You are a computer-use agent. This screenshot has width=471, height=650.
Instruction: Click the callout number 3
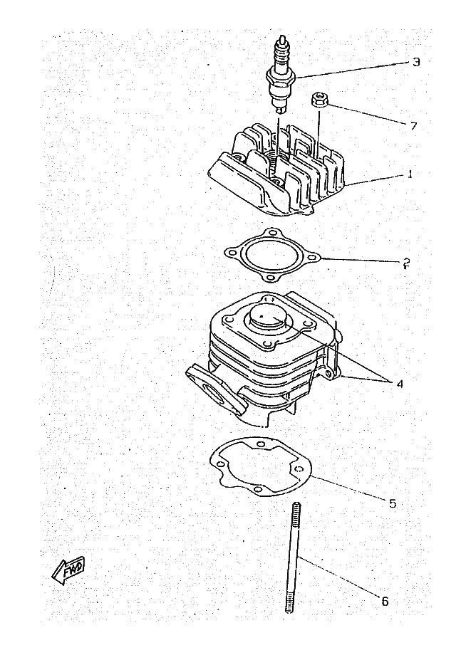[415, 62]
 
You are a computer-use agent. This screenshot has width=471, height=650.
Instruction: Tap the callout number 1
[410, 174]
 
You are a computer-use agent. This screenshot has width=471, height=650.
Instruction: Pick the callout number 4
[400, 383]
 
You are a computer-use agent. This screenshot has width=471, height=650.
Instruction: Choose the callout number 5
[392, 503]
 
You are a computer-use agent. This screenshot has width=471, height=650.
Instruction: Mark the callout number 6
[385, 600]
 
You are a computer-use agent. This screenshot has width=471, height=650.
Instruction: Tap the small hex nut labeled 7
[319, 100]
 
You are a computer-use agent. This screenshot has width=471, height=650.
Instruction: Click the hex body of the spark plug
[280, 75]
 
